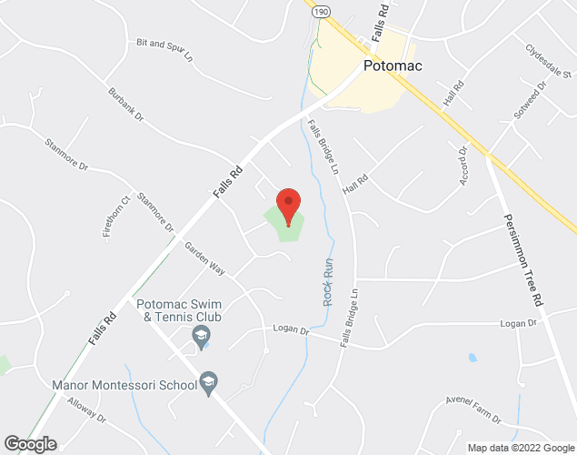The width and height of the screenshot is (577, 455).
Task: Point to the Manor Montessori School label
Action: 124,385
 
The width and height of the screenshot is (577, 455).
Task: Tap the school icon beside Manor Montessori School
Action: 209,383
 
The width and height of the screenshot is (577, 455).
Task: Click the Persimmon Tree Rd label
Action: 523,259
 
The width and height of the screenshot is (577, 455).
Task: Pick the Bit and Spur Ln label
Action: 165,48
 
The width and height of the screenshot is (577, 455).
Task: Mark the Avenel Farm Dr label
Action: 474,410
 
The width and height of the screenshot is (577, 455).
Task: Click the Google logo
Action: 29,444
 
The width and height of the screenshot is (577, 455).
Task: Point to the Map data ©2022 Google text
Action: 519,448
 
